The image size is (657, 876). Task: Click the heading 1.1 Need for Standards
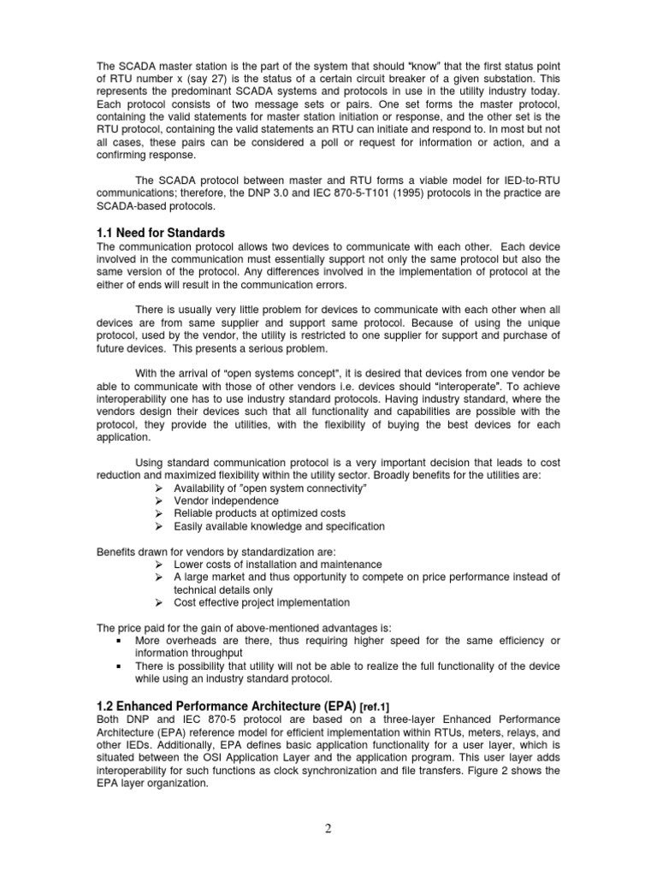pyautogui.click(x=160, y=233)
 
